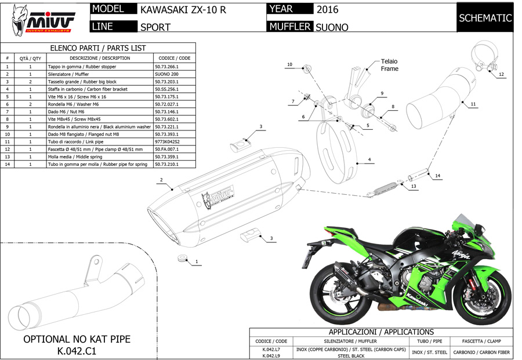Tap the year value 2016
pyautogui.click(x=328, y=10)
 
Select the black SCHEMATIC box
pyautogui.click(x=485, y=18)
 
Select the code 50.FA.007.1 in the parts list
pyautogui.click(x=169, y=149)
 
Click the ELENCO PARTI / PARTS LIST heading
pyautogui.click(x=98, y=48)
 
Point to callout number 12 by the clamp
pyautogui.click(x=502, y=74)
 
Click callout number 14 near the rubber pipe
pyautogui.click(x=437, y=175)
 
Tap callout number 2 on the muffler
pyautogui.click(x=160, y=180)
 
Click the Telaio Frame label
pyautogui.click(x=389, y=65)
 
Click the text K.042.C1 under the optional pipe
pyautogui.click(x=77, y=351)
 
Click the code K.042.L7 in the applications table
pyautogui.click(x=271, y=349)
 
